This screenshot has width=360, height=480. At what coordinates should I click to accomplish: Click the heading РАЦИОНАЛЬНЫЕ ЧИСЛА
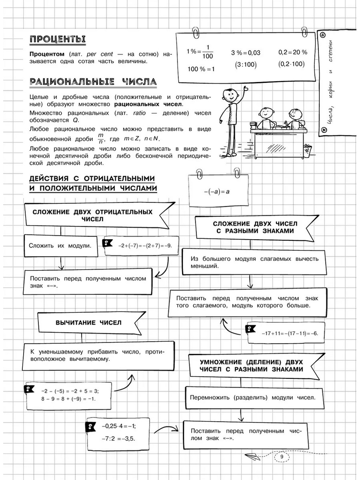pyautogui.click(x=93, y=82)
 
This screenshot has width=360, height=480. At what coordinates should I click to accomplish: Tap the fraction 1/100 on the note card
pyautogui.click(x=208, y=52)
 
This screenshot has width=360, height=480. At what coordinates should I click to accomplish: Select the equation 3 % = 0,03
pyautogui.click(x=246, y=53)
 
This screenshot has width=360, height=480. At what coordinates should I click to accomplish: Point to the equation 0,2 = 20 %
pyautogui.click(x=292, y=52)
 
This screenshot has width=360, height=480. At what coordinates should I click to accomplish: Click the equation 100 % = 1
pyautogui.click(x=201, y=69)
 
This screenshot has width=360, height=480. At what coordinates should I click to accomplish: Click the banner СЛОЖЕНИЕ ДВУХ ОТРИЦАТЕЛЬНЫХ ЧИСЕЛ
pyautogui.click(x=92, y=215)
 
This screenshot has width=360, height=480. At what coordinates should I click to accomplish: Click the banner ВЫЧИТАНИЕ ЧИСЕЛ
pyautogui.click(x=88, y=322)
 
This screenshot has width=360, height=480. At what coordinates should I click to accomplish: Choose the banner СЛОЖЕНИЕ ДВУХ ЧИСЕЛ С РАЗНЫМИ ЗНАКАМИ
pyautogui.click(x=254, y=227)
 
